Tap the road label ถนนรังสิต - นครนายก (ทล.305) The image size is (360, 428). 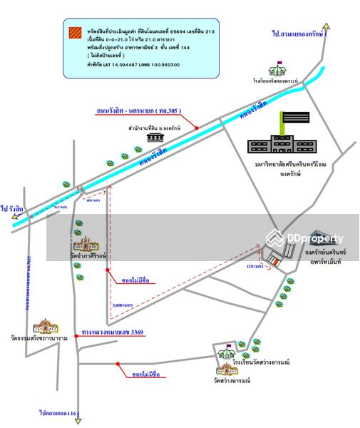click(138, 112)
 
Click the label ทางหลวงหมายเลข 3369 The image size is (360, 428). click(113, 332)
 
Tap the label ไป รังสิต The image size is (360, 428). click(13, 209)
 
